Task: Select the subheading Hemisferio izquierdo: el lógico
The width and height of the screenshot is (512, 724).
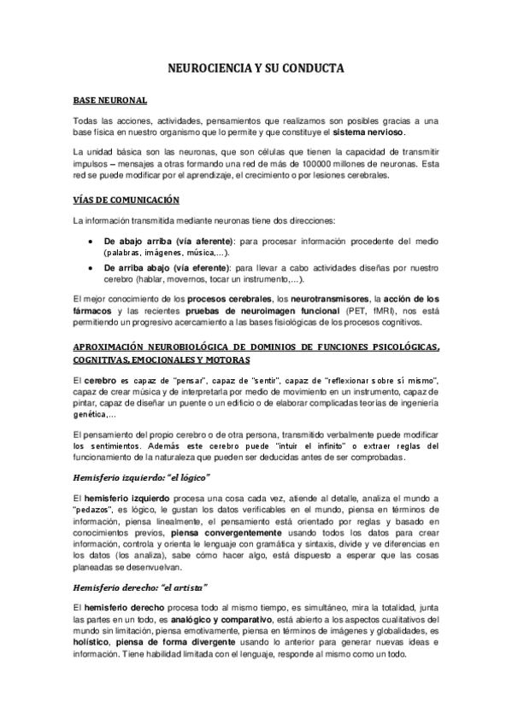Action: (x=141, y=477)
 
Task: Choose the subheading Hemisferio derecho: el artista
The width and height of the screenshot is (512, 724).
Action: (x=140, y=587)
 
